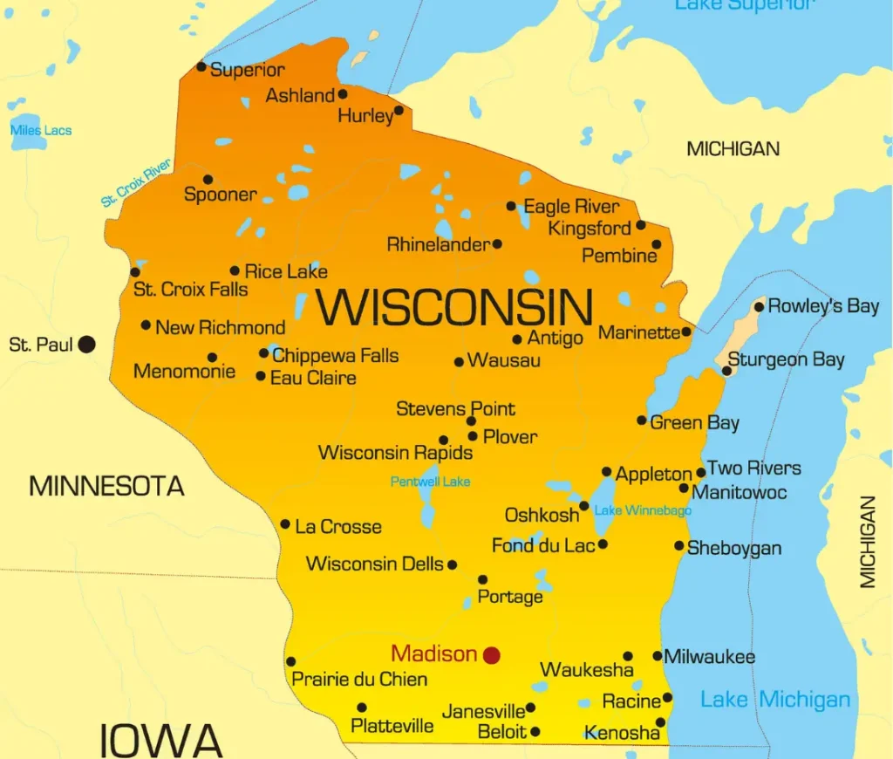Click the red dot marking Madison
pyautogui.click(x=492, y=654)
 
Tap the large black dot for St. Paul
pyautogui.click(x=86, y=345)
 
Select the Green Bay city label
pyautogui.click(x=695, y=423)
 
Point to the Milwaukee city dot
pyautogui.click(x=658, y=656)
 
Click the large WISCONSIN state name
pyautogui.click(x=454, y=307)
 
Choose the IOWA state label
pyautogui.click(x=161, y=740)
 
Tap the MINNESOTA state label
pyautogui.click(x=106, y=486)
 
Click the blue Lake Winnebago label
pyautogui.click(x=643, y=510)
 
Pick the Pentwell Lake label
pyautogui.click(x=430, y=482)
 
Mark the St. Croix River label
pyautogui.click(x=136, y=182)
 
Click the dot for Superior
pyautogui.click(x=201, y=66)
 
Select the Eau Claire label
pyautogui.click(x=313, y=379)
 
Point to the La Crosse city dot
pyautogui.click(x=285, y=524)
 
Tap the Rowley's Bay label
pyautogui.click(x=823, y=306)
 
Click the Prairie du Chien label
pyautogui.click(x=359, y=679)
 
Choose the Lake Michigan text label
pyautogui.click(x=775, y=699)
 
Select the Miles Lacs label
pyautogui.click(x=41, y=131)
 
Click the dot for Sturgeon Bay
pyautogui.click(x=726, y=371)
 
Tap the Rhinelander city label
pyautogui.click(x=439, y=244)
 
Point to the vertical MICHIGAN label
pyautogui.click(x=868, y=542)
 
